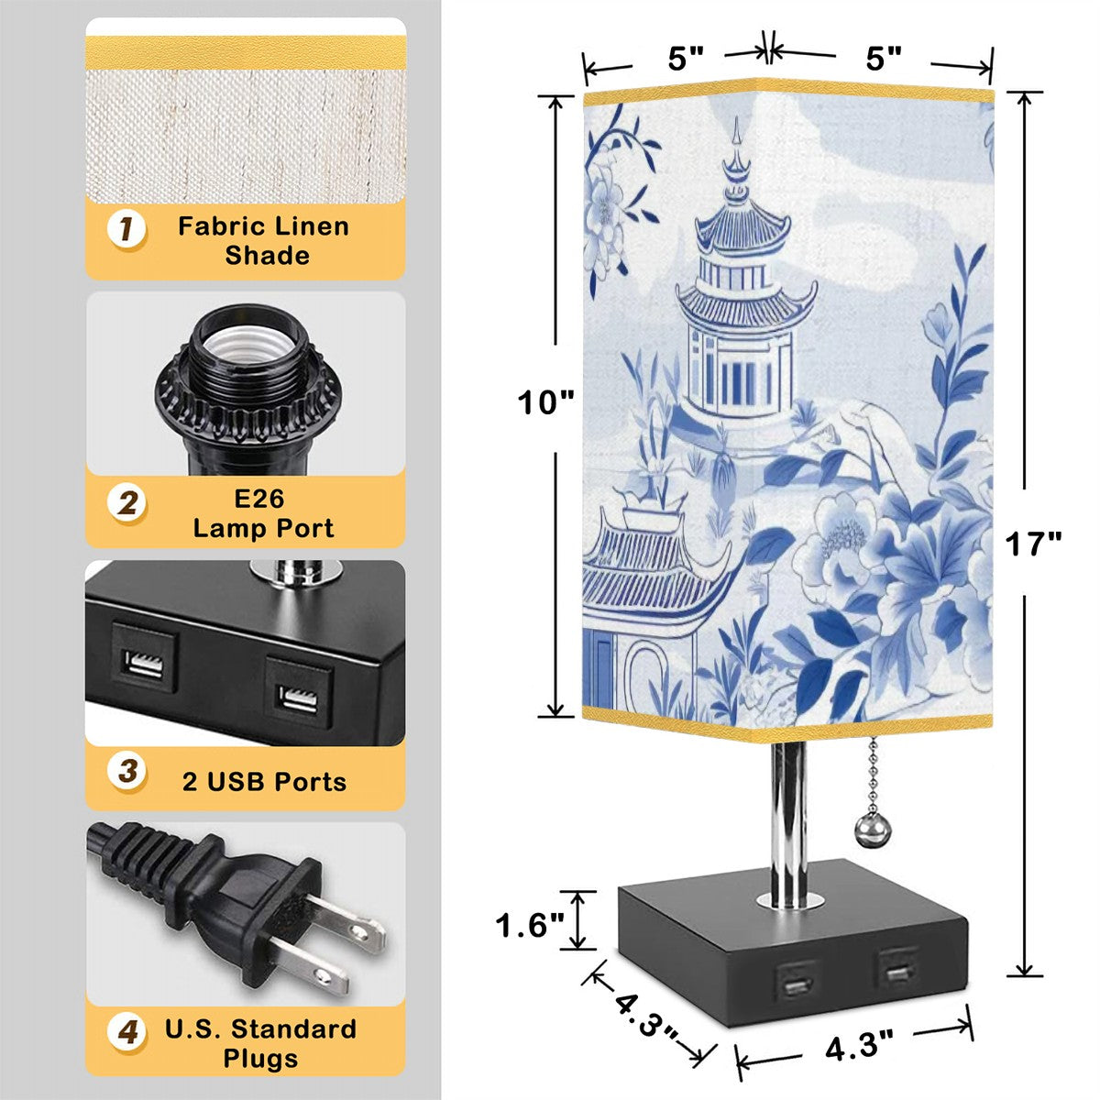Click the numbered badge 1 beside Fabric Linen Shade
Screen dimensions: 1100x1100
click(x=126, y=229)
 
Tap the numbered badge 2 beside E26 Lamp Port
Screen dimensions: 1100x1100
click(x=126, y=503)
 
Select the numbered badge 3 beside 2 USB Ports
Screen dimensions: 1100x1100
click(x=126, y=771)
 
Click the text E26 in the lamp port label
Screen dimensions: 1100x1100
click(x=258, y=499)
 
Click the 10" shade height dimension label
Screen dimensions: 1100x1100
click(x=545, y=402)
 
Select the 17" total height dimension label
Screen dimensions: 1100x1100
click(x=1033, y=544)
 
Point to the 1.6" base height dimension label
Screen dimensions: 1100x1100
click(x=530, y=926)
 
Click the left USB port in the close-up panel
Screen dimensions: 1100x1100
click(x=145, y=665)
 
